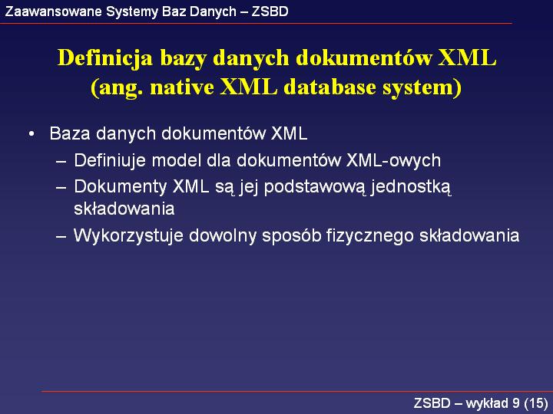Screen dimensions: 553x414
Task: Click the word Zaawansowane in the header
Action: pyautogui.click(x=53, y=11)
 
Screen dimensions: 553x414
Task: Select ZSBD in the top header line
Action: pyautogui.click(x=270, y=11)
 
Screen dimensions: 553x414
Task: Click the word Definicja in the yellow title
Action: pyautogui.click(x=105, y=58)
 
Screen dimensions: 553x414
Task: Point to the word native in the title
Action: pyautogui.click(x=182, y=87)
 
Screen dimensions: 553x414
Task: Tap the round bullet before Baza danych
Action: pyautogui.click(x=31, y=134)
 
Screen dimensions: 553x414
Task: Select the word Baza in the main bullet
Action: pyautogui.click(x=70, y=133)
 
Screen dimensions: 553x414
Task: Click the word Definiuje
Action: pyautogui.click(x=111, y=160)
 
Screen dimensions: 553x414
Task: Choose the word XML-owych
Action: pyautogui.click(x=393, y=161)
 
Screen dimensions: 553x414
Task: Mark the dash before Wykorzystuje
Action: pyautogui.click(x=61, y=236)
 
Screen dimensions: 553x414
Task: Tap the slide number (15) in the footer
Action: pyautogui.click(x=536, y=403)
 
